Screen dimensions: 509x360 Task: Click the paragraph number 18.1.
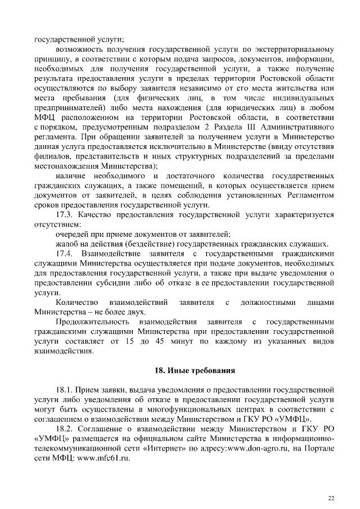point(66,389)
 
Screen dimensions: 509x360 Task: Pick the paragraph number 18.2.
point(66,429)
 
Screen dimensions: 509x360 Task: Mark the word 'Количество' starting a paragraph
point(78,303)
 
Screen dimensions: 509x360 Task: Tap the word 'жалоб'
point(66,244)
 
